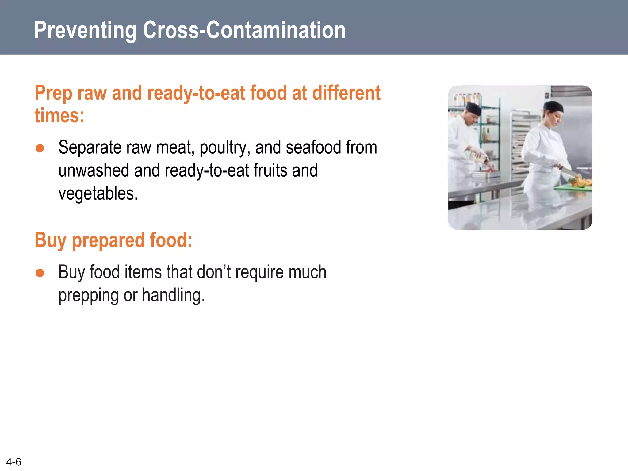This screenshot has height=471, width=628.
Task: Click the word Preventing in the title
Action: (x=85, y=30)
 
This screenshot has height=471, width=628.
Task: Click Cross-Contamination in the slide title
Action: (x=244, y=30)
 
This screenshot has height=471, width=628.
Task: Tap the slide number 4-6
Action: (x=14, y=462)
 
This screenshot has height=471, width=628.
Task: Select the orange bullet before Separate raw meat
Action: (x=40, y=148)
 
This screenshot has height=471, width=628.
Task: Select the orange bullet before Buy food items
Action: (x=40, y=273)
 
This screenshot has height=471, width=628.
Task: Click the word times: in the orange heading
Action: (x=59, y=116)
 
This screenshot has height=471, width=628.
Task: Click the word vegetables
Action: (x=98, y=194)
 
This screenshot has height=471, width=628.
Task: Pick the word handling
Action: (x=173, y=295)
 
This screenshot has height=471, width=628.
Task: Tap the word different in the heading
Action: (x=346, y=93)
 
